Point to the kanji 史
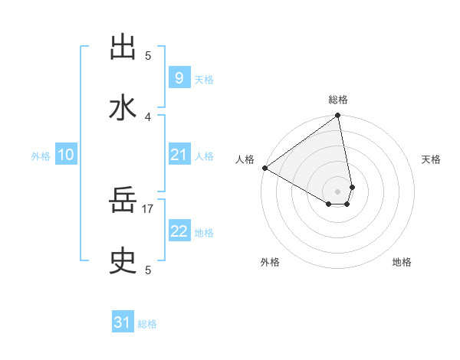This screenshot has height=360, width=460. [x=123, y=262]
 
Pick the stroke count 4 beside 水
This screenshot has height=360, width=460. [x=148, y=116]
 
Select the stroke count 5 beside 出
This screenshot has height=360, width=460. [x=148, y=55]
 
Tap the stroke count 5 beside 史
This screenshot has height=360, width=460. [x=148, y=270]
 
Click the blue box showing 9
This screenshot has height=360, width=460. [x=179, y=77]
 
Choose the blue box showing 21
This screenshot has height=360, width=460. [x=179, y=155]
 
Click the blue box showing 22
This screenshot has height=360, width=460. [x=179, y=231]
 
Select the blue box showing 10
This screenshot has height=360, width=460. [x=66, y=155]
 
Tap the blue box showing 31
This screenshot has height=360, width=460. [x=123, y=322]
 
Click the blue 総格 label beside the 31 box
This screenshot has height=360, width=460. [x=147, y=324]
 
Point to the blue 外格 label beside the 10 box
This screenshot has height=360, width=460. [x=41, y=155]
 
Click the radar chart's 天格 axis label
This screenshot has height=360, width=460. [x=432, y=159]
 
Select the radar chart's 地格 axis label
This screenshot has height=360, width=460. [x=402, y=262]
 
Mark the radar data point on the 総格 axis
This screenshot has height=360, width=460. [x=338, y=116]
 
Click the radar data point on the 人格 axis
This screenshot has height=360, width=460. [x=264, y=168]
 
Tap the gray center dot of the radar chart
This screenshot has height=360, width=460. [x=338, y=191]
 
